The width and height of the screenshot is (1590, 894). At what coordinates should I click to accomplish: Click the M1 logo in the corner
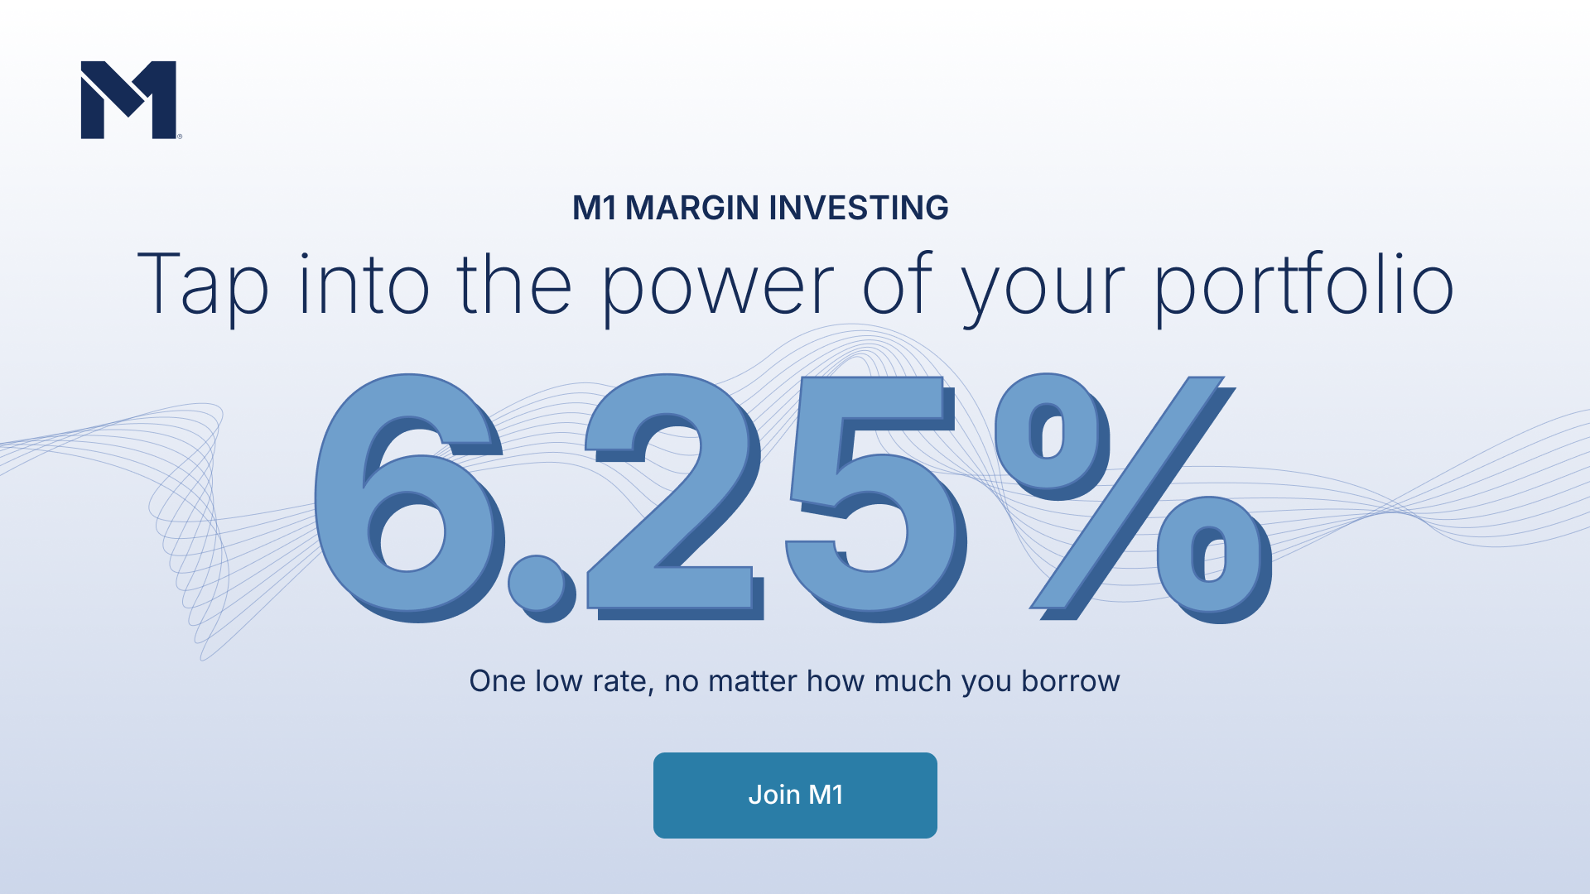(x=129, y=99)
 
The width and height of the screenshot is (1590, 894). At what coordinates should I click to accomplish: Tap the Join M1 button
(x=795, y=795)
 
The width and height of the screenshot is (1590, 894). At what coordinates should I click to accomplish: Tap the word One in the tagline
(x=498, y=681)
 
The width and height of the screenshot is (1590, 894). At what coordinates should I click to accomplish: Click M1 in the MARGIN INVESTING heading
(x=595, y=208)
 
